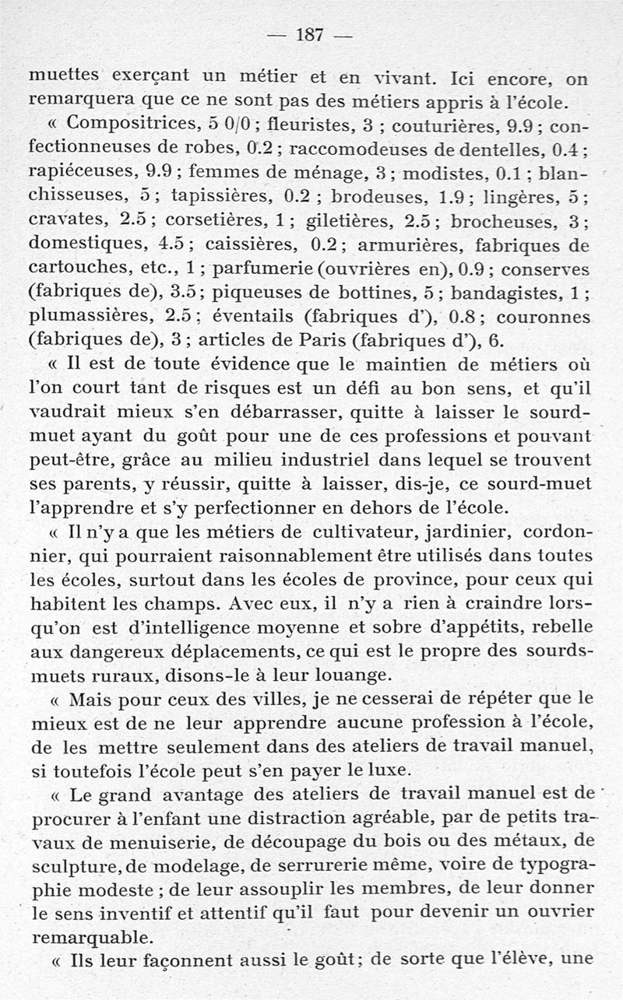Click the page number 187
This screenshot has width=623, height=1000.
[x=311, y=34]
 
